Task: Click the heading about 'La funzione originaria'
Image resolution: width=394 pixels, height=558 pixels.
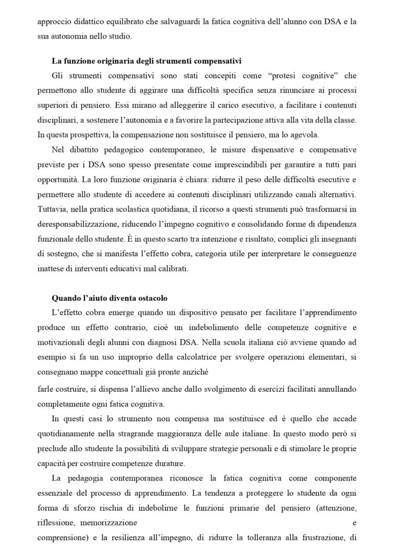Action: click(146, 60)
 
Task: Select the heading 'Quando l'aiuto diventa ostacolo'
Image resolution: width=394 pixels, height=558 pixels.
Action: click(109, 298)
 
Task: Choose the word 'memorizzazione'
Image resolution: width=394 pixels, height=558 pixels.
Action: click(109, 521)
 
